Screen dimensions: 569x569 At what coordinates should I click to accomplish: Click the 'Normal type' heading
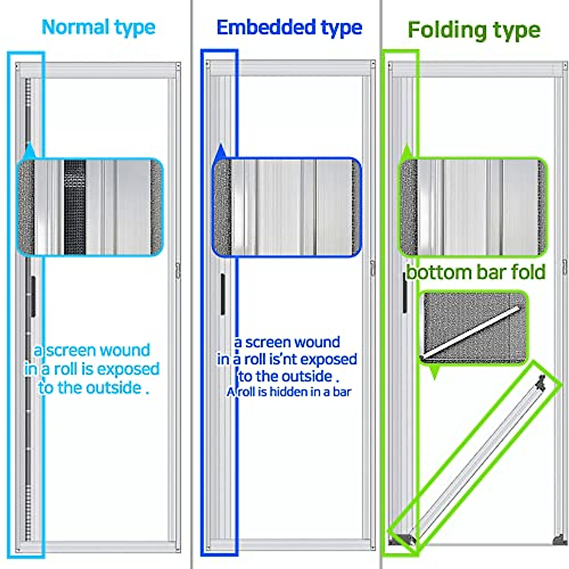click(99, 28)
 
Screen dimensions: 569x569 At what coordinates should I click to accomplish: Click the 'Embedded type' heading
click(289, 28)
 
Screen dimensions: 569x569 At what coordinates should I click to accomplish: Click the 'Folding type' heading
click(474, 30)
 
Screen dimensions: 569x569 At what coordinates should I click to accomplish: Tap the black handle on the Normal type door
click(32, 296)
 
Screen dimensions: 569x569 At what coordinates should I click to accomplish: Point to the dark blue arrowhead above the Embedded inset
click(220, 151)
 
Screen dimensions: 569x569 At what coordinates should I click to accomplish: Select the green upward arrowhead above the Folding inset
click(406, 152)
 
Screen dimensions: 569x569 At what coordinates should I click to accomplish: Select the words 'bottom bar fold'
click(476, 273)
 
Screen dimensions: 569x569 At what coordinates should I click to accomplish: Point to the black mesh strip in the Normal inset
click(74, 207)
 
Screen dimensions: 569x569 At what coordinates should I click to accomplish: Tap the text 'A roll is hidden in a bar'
click(289, 392)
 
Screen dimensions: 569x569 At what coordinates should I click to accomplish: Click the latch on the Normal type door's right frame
click(178, 271)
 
